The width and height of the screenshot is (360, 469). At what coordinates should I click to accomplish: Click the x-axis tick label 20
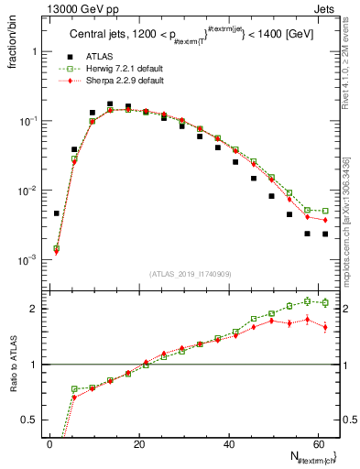coord(138,443)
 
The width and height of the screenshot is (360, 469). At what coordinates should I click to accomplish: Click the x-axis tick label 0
coord(49,443)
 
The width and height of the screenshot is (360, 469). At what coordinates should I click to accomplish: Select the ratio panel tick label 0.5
coord(29,420)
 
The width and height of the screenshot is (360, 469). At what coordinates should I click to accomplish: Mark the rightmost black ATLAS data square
coord(325,234)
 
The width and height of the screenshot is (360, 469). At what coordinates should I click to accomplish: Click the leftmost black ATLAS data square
coord(57,213)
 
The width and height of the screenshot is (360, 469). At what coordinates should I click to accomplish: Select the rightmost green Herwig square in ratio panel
coord(325,301)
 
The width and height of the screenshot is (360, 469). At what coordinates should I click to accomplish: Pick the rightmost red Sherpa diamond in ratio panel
coord(325,327)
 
